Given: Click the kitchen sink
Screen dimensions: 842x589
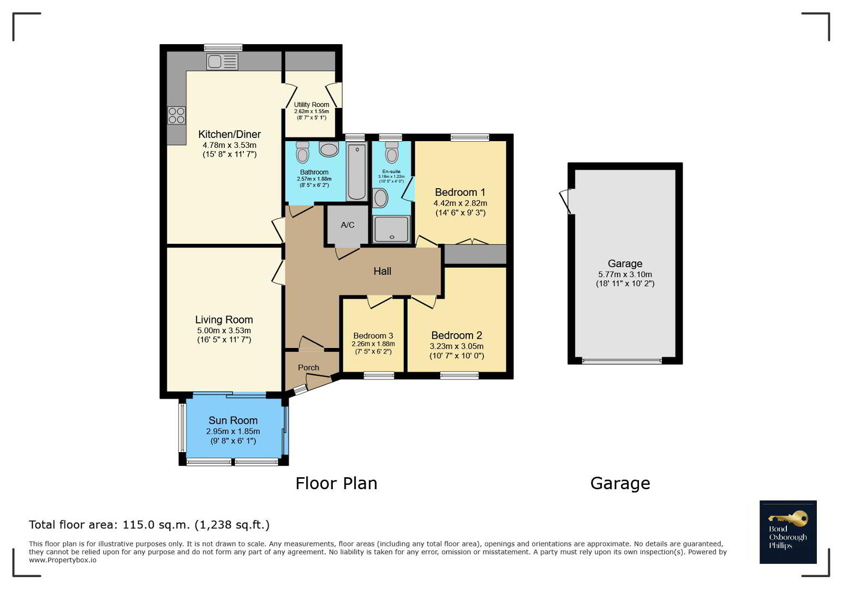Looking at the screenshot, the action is (x=222, y=62).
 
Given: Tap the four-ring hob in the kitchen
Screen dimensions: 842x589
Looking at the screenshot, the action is (x=177, y=115).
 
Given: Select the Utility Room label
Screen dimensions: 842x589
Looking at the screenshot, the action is (x=311, y=105).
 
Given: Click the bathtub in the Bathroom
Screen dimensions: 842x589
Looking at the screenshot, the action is (x=357, y=171).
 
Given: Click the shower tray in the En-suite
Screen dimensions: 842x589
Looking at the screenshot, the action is (x=391, y=229).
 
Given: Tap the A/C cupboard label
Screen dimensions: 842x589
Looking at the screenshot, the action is (x=347, y=225).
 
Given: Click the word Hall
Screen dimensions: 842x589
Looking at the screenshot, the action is (x=383, y=271).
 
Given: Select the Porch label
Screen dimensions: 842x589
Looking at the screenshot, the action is (x=308, y=368).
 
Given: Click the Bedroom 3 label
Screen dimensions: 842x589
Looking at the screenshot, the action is (x=373, y=336).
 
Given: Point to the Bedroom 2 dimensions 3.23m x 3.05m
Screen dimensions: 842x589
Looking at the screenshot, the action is (x=456, y=346).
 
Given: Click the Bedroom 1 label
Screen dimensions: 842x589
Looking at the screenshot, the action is (x=460, y=193).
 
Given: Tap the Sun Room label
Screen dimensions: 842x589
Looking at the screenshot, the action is (x=233, y=420).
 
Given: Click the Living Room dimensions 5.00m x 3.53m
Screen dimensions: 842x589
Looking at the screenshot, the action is (x=224, y=330).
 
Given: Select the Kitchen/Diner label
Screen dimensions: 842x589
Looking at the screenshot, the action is (x=229, y=134).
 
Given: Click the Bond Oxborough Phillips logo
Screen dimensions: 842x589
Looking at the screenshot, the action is (x=788, y=532).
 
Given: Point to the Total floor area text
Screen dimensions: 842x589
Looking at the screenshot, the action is (x=149, y=525).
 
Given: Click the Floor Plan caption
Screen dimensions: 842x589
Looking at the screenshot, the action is (x=336, y=483).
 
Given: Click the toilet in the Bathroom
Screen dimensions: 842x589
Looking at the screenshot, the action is (x=302, y=153).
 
